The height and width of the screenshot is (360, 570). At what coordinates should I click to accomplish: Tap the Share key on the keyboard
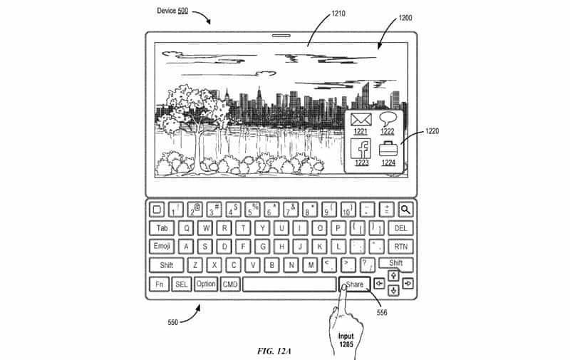(355, 284)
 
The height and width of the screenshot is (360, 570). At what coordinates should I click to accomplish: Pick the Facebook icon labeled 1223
(361, 149)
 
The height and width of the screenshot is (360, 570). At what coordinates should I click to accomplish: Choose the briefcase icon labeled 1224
(388, 150)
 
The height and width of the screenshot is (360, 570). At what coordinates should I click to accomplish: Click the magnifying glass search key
(405, 210)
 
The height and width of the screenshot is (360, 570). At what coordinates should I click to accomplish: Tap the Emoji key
(162, 247)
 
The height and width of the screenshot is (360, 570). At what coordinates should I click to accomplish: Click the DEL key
(400, 228)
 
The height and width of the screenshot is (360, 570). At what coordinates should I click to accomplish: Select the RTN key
(400, 247)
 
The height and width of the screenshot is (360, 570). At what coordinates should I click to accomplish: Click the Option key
(205, 284)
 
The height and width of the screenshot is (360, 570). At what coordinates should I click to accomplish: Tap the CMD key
(230, 284)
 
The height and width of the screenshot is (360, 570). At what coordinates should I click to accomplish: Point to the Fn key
(159, 284)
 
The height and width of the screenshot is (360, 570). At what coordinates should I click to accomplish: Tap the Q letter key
(186, 228)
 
